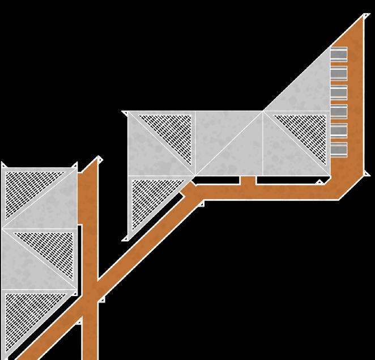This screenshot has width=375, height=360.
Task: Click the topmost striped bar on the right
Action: click(x=338, y=54)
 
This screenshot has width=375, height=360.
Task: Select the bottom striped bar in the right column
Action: click(x=338, y=149)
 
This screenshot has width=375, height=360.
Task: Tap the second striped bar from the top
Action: click(x=338, y=73)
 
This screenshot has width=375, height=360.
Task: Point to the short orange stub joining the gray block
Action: click(x=248, y=180)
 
